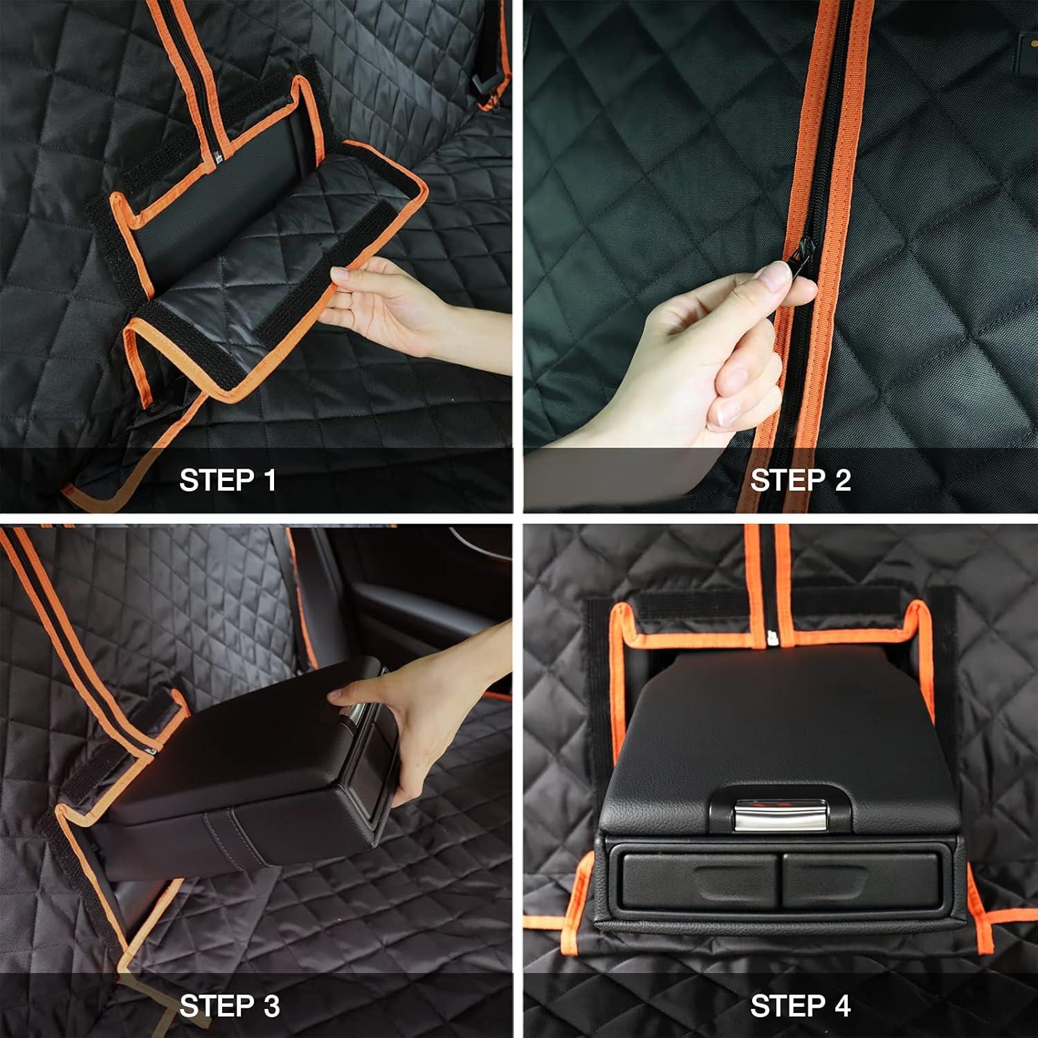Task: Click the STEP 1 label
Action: click(228, 480)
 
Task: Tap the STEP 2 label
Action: click(800, 480)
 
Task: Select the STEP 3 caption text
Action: click(229, 1005)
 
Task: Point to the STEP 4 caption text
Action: click(800, 1005)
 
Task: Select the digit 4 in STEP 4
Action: click(841, 1005)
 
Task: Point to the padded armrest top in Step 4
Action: click(775, 720)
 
